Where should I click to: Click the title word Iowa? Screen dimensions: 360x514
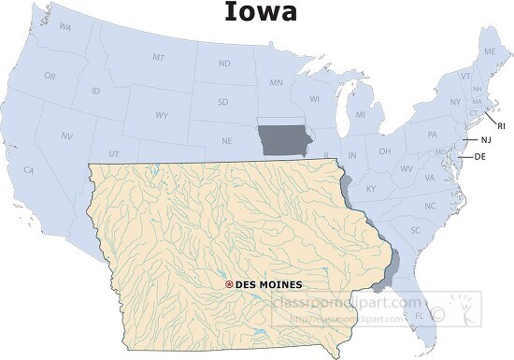tap(261, 12)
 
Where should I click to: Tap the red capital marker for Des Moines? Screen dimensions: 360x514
tap(230, 283)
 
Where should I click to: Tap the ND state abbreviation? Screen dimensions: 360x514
tap(224, 64)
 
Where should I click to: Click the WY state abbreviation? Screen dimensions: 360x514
tap(162, 116)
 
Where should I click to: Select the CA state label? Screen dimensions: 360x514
tap(29, 170)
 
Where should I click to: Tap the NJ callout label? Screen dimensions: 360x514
tap(486, 140)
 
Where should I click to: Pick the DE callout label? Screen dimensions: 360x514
tap(480, 156)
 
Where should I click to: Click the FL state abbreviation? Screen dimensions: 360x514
tap(418, 316)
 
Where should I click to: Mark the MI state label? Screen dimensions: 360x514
tap(359, 115)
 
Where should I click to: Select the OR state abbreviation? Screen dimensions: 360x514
tap(50, 76)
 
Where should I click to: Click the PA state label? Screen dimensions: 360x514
tap(433, 134)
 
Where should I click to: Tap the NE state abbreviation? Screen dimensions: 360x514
tap(226, 141)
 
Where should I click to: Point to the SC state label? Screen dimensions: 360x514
tap(415, 229)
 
